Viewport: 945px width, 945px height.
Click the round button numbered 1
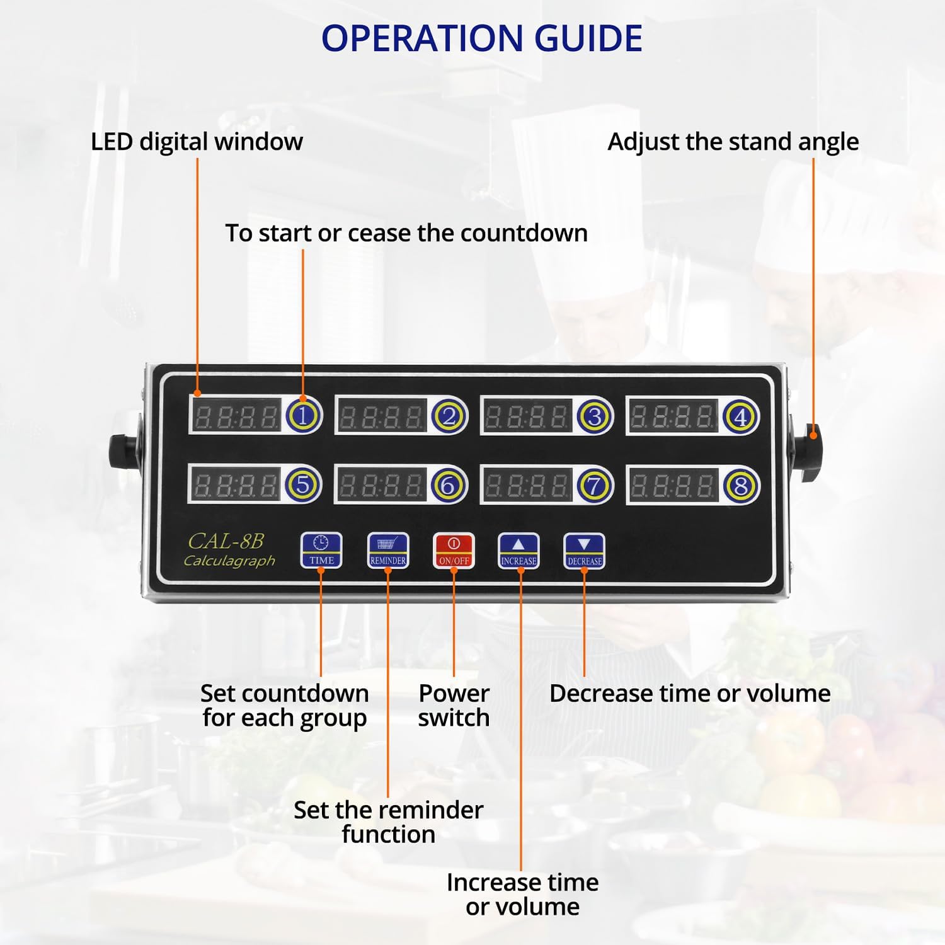click(304, 416)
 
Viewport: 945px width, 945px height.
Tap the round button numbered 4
click(740, 416)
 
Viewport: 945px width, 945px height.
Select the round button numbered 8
click(740, 486)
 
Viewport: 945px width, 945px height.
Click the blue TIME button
click(321, 550)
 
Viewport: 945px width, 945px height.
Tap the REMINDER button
click(387, 550)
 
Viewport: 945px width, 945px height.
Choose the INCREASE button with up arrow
click(518, 551)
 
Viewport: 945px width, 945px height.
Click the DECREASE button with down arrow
click(584, 551)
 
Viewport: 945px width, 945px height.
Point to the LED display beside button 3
click(527, 416)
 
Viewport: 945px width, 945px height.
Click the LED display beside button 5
click(236, 485)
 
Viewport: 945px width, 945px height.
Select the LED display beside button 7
click(527, 486)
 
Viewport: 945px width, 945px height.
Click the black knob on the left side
click(121, 452)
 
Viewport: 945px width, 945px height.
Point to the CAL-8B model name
click(226, 541)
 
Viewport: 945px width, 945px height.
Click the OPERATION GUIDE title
click(482, 38)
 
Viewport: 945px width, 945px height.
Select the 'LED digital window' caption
click(197, 142)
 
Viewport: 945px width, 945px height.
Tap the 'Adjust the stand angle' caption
click(733, 142)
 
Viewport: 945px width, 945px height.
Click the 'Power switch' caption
click(454, 706)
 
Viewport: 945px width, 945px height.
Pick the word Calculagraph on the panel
click(229, 561)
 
